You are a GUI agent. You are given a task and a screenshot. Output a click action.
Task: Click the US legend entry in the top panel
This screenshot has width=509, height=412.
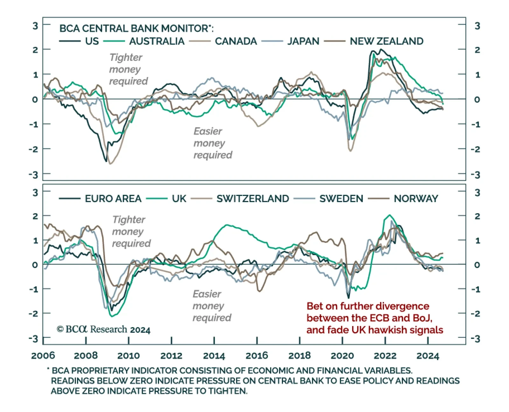[x=92, y=41]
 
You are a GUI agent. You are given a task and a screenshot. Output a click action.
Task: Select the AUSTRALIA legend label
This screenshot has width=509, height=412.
[x=157, y=41]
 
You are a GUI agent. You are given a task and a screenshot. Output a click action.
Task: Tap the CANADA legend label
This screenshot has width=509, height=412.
[x=236, y=41]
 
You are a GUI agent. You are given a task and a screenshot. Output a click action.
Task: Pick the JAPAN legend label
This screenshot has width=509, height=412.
[x=303, y=41]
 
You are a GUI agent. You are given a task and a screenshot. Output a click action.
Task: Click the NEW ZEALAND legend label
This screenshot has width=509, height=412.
[x=387, y=41]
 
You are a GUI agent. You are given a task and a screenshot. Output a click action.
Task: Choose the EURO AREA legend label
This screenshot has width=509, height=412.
[x=113, y=199]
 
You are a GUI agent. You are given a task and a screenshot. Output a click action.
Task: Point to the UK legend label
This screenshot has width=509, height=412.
[x=179, y=199]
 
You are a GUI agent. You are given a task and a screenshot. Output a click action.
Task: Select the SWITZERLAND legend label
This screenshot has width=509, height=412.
[x=253, y=199]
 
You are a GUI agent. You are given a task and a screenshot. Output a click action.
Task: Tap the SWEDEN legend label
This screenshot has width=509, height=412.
[x=341, y=199]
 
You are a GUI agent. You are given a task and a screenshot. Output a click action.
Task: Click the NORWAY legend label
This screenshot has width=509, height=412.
[x=416, y=199]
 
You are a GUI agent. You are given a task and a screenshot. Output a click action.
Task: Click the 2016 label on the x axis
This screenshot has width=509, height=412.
[x=257, y=355]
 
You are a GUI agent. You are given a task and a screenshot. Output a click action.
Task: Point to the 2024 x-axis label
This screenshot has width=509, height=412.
[x=428, y=355]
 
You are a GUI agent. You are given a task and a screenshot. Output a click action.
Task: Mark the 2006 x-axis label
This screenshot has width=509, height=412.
[x=43, y=355]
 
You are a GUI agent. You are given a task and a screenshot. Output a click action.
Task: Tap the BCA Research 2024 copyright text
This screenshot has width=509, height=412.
[x=103, y=329]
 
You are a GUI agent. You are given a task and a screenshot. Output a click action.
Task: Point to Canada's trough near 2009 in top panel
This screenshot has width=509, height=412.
[x=110, y=164]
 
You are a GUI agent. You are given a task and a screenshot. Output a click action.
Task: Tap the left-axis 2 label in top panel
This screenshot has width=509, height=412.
[x=35, y=50]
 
